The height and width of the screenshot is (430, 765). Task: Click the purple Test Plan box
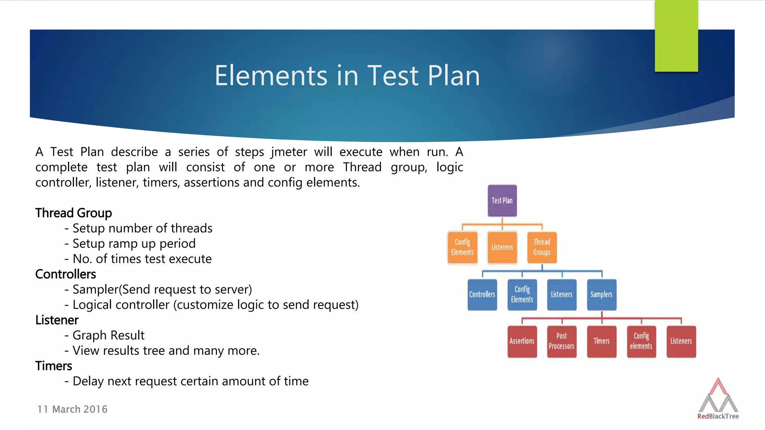click(502, 201)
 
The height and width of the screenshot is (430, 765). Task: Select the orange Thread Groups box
click(542, 247)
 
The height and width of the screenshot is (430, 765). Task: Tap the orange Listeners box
click(502, 247)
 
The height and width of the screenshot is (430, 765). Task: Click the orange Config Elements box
click(462, 247)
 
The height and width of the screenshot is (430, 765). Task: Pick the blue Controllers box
click(482, 295)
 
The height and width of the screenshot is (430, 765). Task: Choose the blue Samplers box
click(601, 295)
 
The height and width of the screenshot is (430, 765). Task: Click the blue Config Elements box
click(522, 295)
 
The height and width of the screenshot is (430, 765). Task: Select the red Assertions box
click(522, 341)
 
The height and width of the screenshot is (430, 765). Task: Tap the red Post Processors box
click(561, 341)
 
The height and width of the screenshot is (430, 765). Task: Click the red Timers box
click(601, 341)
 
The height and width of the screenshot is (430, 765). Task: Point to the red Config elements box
click(641, 341)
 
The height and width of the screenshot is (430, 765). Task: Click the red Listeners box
click(681, 341)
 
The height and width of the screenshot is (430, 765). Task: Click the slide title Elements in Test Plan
click(347, 76)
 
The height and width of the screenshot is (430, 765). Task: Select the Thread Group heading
click(74, 213)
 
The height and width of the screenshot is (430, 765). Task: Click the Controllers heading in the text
click(65, 274)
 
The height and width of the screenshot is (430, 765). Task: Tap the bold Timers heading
click(53, 366)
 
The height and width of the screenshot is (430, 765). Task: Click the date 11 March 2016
click(72, 409)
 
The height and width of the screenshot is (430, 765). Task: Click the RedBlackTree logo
click(718, 399)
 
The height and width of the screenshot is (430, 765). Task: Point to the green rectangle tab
click(676, 36)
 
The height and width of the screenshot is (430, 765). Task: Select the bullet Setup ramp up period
click(134, 243)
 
